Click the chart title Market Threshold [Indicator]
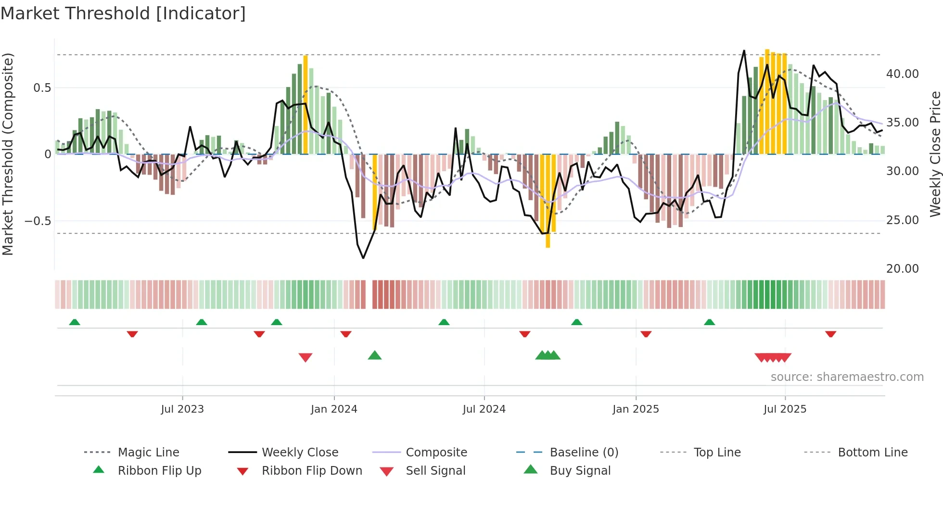(123, 13)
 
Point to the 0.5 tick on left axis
(42, 88)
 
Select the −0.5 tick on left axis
(38, 221)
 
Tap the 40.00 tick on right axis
(902, 74)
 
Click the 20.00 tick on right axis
(902, 269)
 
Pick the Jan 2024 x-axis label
(334, 409)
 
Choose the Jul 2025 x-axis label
(785, 409)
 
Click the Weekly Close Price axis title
(935, 154)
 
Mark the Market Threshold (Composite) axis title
(8, 154)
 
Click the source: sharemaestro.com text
(847, 377)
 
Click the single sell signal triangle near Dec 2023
(306, 357)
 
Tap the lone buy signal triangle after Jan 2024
(375, 355)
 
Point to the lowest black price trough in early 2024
(363, 258)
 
